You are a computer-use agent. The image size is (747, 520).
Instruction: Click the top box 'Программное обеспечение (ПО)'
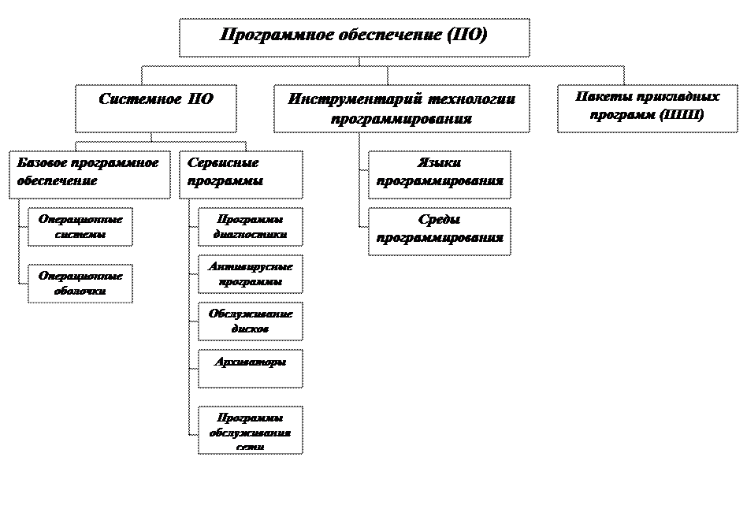coord(354,37)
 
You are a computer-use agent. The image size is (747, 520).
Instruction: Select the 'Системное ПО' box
coord(155,109)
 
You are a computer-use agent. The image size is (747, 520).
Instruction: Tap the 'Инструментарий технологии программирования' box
coord(401,109)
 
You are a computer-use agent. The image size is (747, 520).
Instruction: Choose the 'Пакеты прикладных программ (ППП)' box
coord(647,109)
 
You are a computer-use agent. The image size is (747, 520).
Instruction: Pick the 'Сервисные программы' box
coord(241,174)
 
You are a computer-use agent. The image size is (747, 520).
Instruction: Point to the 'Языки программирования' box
coord(439,174)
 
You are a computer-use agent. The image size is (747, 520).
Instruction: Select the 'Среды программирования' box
coord(439,231)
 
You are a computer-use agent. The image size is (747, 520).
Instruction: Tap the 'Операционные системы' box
coord(80,227)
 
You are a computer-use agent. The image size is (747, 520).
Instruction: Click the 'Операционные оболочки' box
coord(80,284)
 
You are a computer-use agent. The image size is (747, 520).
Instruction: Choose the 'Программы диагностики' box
coord(250,227)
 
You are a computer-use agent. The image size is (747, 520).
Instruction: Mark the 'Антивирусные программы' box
coord(250,274)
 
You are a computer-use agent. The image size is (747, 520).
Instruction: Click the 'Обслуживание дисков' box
coord(250,321)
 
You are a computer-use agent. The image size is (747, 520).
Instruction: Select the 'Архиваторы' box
coord(250,368)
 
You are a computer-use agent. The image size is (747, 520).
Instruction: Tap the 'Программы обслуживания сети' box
coord(250,430)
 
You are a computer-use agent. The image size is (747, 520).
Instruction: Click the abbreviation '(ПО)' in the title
coord(467,35)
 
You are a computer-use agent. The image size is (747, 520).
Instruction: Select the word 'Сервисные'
coord(212,163)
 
